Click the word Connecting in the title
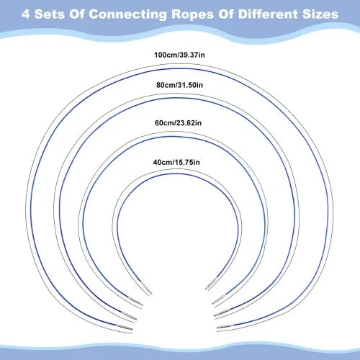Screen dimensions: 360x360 pyautogui.click(x=127, y=14)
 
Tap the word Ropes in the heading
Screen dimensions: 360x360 pyautogui.click(x=192, y=14)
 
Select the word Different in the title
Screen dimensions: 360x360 pyautogui.click(x=268, y=14)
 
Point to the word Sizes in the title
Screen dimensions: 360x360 pyautogui.click(x=320, y=14)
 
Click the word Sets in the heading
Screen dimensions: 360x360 pyautogui.click(x=50, y=14)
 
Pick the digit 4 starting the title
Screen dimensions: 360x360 pyautogui.click(x=25, y=14)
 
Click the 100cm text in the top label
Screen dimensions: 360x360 pyautogui.click(x=166, y=55)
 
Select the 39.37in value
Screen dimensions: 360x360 pyautogui.click(x=192, y=55)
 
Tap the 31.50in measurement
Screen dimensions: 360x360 pyautogui.click(x=190, y=85)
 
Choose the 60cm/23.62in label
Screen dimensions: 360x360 pyautogui.click(x=178, y=123)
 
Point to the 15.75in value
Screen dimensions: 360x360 pyautogui.click(x=187, y=162)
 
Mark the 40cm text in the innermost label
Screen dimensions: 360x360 pyautogui.click(x=163, y=162)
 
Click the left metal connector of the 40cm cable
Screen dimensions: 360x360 pyautogui.click(x=147, y=289)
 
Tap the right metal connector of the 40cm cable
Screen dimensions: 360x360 pyautogui.click(x=210, y=283)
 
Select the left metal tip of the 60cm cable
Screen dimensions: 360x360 pyautogui.click(x=135, y=302)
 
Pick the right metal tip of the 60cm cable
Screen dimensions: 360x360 pyautogui.click(x=218, y=299)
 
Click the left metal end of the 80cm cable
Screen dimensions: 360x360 pyautogui.click(x=129, y=316)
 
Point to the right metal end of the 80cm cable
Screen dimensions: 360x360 pyautogui.click(x=221, y=312)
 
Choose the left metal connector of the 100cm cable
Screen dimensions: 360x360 pyautogui.click(x=125, y=327)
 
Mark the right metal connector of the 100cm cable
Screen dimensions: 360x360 pyautogui.click(x=225, y=326)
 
